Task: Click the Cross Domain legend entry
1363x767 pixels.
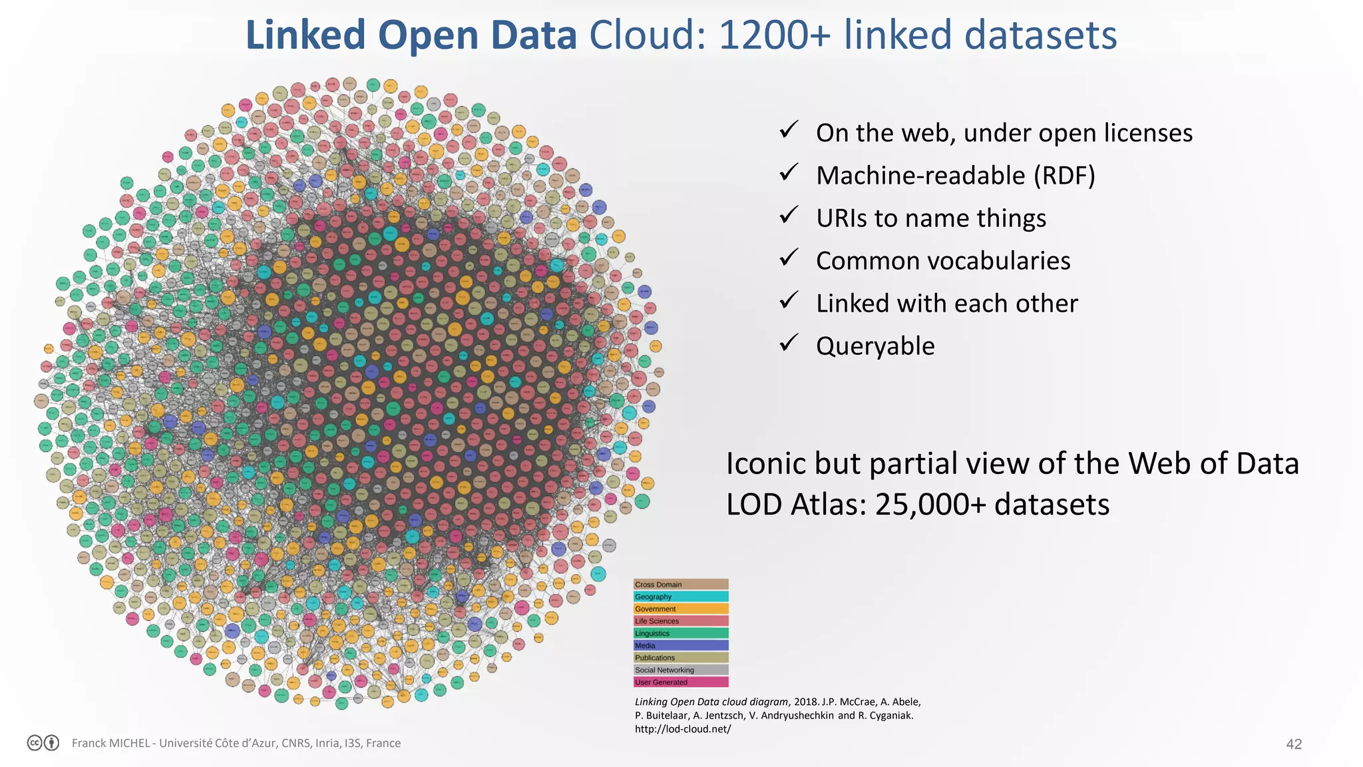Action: click(680, 585)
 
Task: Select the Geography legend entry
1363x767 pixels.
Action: click(680, 597)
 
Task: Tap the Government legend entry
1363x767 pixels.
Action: click(680, 609)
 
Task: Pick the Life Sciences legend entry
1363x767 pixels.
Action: click(680, 621)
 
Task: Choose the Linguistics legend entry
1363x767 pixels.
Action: click(680, 633)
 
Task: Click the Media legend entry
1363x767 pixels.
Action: click(680, 645)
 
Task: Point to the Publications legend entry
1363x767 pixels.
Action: click(680, 657)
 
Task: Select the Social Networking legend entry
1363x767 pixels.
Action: click(680, 670)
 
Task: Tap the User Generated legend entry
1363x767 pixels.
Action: click(680, 682)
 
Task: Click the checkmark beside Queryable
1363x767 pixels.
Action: click(789, 343)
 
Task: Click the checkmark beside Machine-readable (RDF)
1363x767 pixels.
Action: click(789, 172)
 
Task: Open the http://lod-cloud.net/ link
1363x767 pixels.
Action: click(683, 729)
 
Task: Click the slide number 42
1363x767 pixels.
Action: click(1294, 744)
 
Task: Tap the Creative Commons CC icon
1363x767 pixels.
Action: click(35, 743)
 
